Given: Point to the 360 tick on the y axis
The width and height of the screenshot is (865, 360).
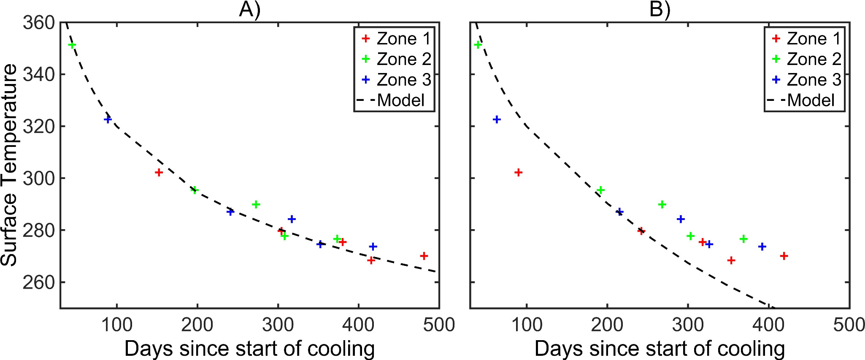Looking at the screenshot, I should click(38, 23).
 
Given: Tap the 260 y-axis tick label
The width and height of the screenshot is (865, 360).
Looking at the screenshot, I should click(38, 282).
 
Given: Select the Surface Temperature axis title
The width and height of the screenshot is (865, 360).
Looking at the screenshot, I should click(9, 165).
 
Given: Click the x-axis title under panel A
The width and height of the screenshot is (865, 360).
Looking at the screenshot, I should click(249, 349).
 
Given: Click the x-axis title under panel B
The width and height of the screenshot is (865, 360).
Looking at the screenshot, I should click(660, 349).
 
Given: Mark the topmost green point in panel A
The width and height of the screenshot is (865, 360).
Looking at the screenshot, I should click(72, 45).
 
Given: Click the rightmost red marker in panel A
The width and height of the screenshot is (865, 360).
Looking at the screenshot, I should click(424, 256).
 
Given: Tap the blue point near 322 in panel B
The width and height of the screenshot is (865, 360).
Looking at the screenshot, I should click(497, 119).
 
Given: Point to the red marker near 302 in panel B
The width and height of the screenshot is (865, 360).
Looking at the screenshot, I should click(519, 172).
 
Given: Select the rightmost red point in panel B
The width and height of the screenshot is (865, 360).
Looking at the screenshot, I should click(784, 256).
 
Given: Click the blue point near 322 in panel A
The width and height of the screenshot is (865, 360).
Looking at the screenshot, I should click(108, 119).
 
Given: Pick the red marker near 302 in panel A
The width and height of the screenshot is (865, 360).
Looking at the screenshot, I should click(159, 172).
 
